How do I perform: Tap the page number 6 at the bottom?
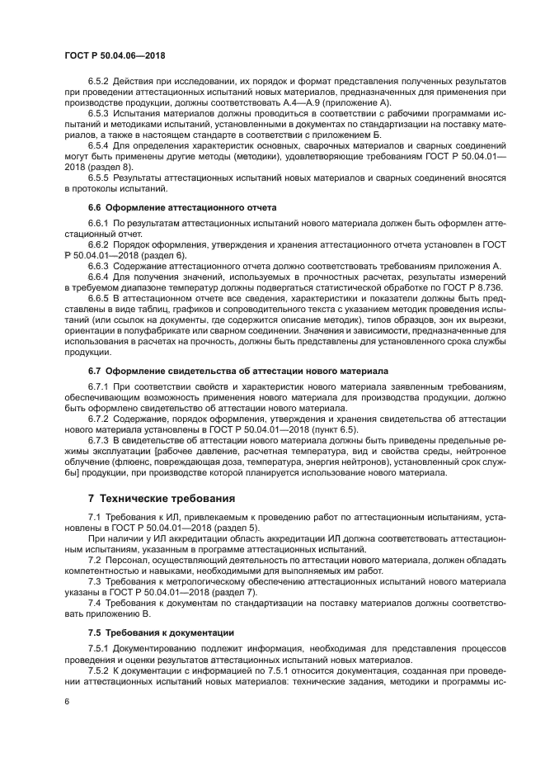pos(67,701)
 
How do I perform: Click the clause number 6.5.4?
pos(100,144)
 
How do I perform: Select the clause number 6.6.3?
pos(100,267)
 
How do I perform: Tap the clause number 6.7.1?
pos(100,386)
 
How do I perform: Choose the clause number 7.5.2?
pos(100,670)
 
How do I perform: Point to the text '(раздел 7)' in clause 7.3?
pos(236,593)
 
